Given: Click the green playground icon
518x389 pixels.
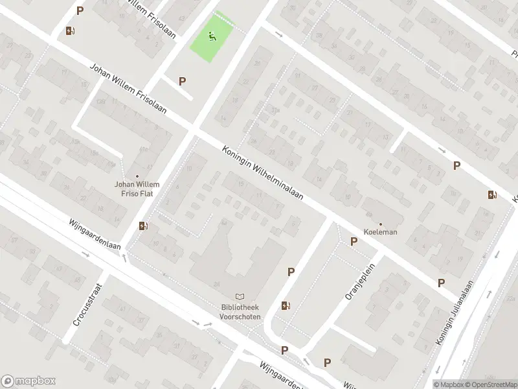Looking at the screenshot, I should [x=212, y=36].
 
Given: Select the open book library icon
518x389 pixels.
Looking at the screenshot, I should [x=240, y=297].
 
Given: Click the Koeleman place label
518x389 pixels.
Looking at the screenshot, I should [x=381, y=231].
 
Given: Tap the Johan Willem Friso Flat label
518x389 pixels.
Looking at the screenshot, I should [x=137, y=188].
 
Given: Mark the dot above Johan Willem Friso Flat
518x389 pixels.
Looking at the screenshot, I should [x=137, y=176].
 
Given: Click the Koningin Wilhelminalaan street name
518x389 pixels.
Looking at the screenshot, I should [x=264, y=176].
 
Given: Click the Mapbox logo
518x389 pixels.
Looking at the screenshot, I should [x=28, y=381].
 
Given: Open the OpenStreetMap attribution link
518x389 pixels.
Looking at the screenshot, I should [x=491, y=383].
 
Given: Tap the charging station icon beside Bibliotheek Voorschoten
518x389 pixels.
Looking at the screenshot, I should [x=286, y=305].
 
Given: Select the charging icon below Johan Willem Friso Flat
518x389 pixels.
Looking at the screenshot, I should [x=142, y=226].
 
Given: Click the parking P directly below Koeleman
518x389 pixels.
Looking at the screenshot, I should [x=354, y=242].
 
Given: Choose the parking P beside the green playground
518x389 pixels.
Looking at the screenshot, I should [x=183, y=81].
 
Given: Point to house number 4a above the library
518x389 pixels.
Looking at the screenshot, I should [x=224, y=222].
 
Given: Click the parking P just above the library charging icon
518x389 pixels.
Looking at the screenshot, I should [x=291, y=273].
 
